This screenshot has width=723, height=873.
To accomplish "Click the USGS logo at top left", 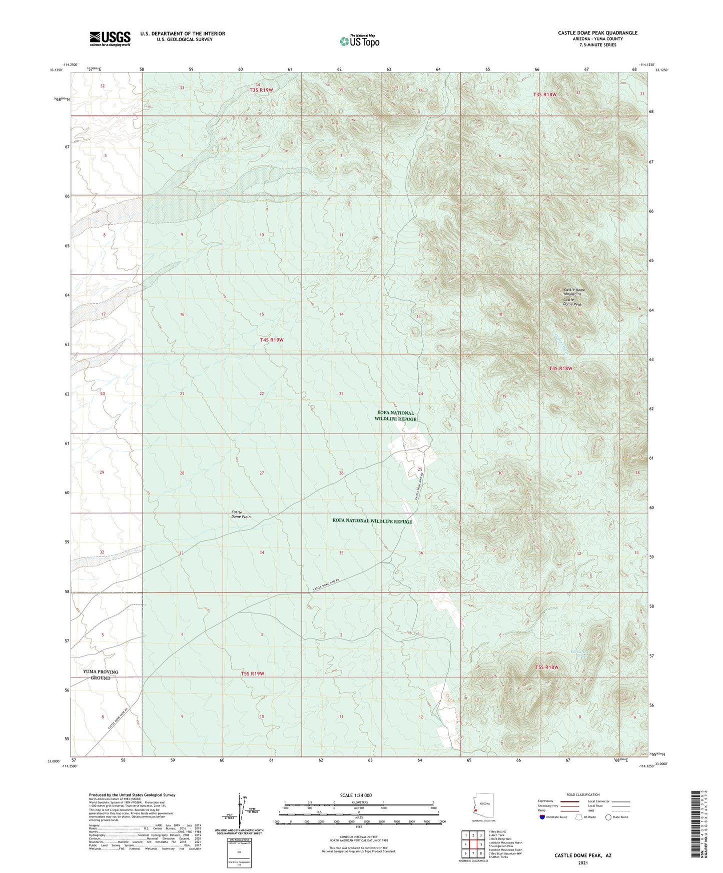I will pyautogui.click(x=110, y=38).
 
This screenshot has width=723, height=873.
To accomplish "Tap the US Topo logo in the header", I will pyautogui.click(x=359, y=41).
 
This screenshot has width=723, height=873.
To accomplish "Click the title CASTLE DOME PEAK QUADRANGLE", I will pyautogui.click(x=597, y=33).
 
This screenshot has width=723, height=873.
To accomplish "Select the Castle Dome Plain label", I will pyautogui.click(x=241, y=514).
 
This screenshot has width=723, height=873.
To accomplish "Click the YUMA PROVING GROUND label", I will pyautogui.click(x=101, y=674).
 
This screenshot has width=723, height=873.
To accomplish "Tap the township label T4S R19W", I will pyautogui.click(x=272, y=340).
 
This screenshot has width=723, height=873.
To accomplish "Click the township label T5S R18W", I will pyautogui.click(x=546, y=667).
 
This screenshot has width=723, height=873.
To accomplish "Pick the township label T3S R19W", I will pyautogui.click(x=261, y=90).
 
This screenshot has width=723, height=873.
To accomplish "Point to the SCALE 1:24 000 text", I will pyautogui.click(x=356, y=795).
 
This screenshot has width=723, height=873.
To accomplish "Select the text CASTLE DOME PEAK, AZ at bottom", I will pyautogui.click(x=582, y=855).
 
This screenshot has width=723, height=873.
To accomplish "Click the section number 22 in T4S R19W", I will pyautogui.click(x=261, y=394).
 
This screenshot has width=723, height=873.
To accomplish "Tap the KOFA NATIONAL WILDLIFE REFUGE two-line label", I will pyautogui.click(x=396, y=416).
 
